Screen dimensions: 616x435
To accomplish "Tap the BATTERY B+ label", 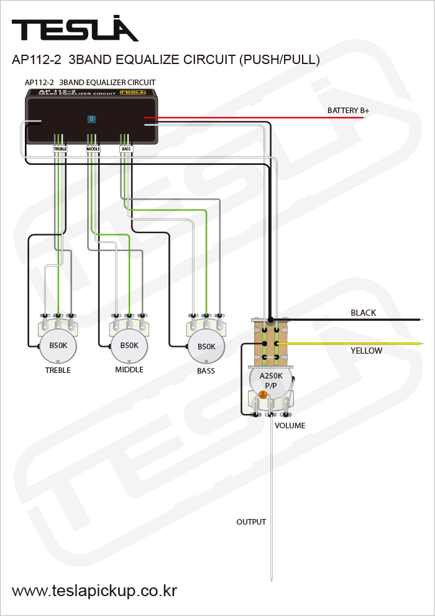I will [x=348, y=111].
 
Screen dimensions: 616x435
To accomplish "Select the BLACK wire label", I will [x=363, y=313].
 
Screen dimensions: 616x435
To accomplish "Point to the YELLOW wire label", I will [x=366, y=351].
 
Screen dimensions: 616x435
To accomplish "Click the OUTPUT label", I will [x=251, y=522].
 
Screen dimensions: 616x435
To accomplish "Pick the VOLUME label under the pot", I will [x=290, y=426].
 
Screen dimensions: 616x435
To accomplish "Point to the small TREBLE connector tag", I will [x=60, y=149].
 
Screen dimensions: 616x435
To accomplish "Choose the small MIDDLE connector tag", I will [x=93, y=149].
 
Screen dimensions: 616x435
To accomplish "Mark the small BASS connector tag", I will [x=126, y=149].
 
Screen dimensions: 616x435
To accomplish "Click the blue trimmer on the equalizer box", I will [x=91, y=118].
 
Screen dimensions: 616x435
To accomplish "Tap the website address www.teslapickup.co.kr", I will [x=94, y=590].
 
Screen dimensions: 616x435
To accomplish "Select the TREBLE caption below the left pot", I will [x=58, y=370].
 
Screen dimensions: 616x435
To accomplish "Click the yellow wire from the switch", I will [x=348, y=343].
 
